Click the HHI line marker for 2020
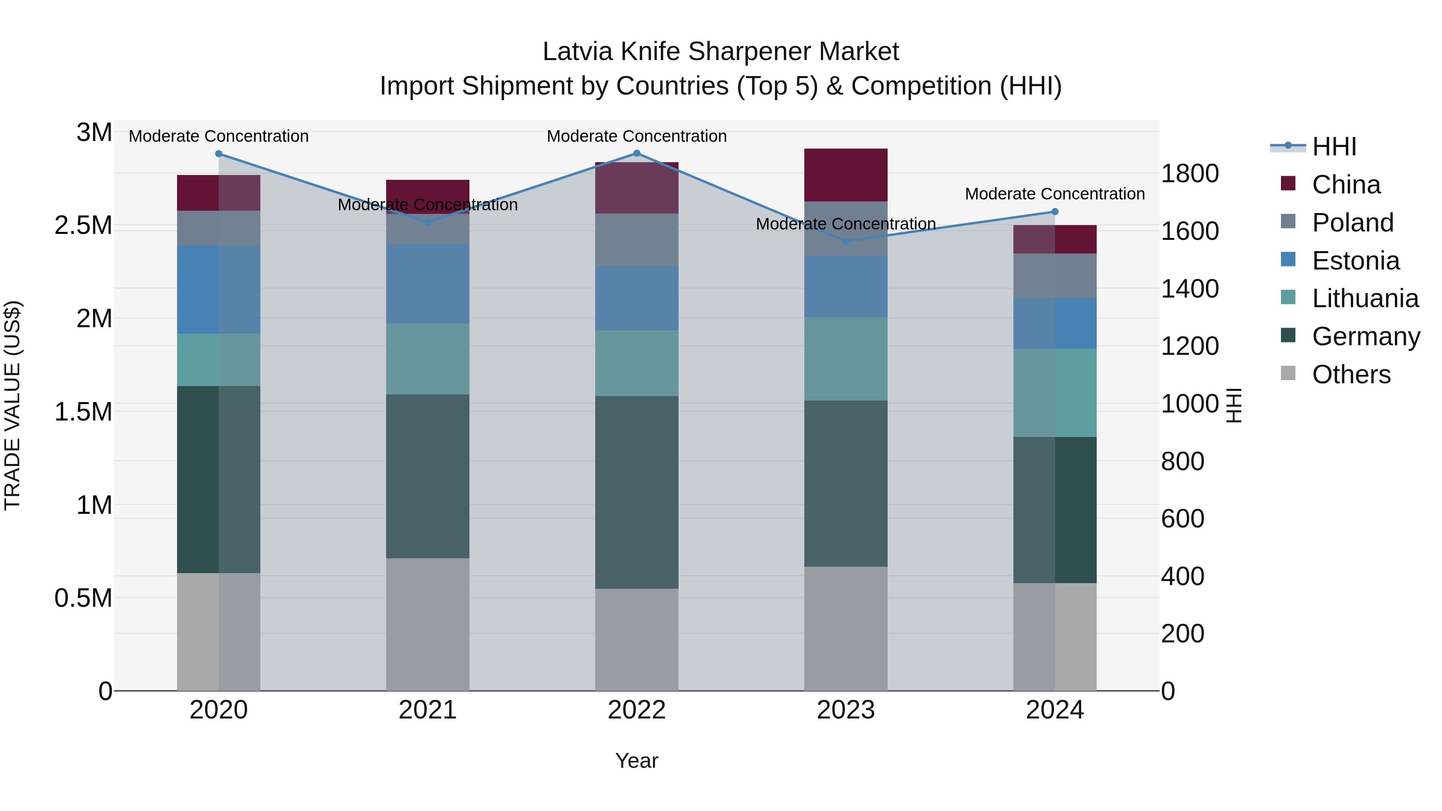[x=219, y=154]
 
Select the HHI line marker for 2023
[x=846, y=241]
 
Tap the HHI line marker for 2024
[x=1055, y=211]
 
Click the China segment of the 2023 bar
[x=846, y=175]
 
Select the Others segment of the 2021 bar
[x=428, y=624]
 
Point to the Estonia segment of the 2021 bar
[x=428, y=284]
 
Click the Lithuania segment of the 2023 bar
[x=846, y=359]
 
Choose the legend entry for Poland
[x=1352, y=223]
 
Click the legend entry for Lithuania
[x=1365, y=298]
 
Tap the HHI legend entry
[x=1333, y=147]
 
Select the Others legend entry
[x=1351, y=374]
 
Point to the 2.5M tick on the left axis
[x=83, y=225]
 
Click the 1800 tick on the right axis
[x=1190, y=173]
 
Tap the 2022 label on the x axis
[x=636, y=710]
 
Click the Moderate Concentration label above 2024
[x=1055, y=194]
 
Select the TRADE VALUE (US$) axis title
[x=12, y=405]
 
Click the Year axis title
[x=636, y=761]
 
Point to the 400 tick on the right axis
[x=1182, y=576]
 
